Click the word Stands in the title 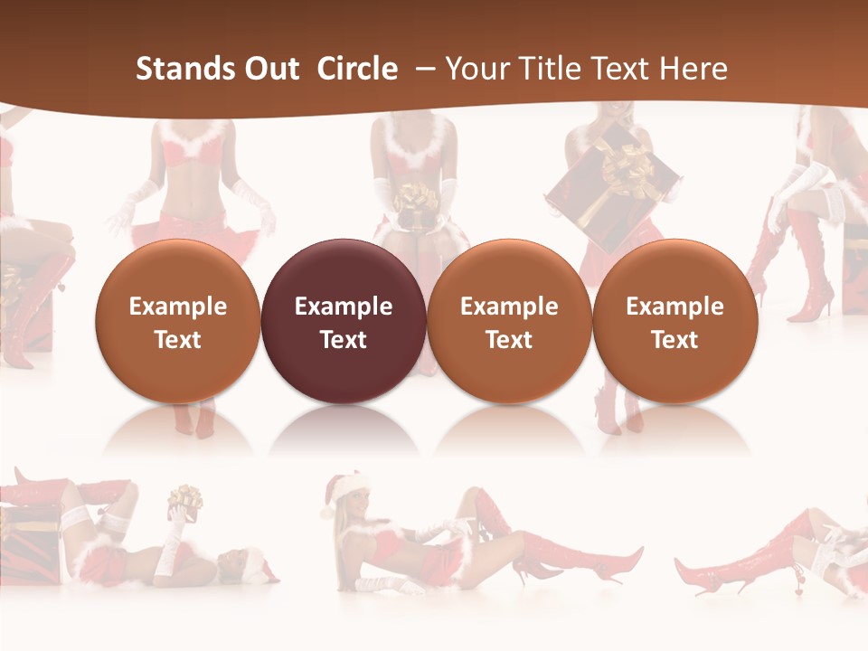point(181,69)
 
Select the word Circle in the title point(357,69)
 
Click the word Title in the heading point(552,69)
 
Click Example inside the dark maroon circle point(343,307)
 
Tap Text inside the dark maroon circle point(343,340)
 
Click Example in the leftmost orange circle point(177,307)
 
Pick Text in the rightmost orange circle point(675,340)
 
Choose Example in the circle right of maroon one point(509,307)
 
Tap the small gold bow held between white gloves point(417,196)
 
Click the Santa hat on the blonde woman point(344,488)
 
